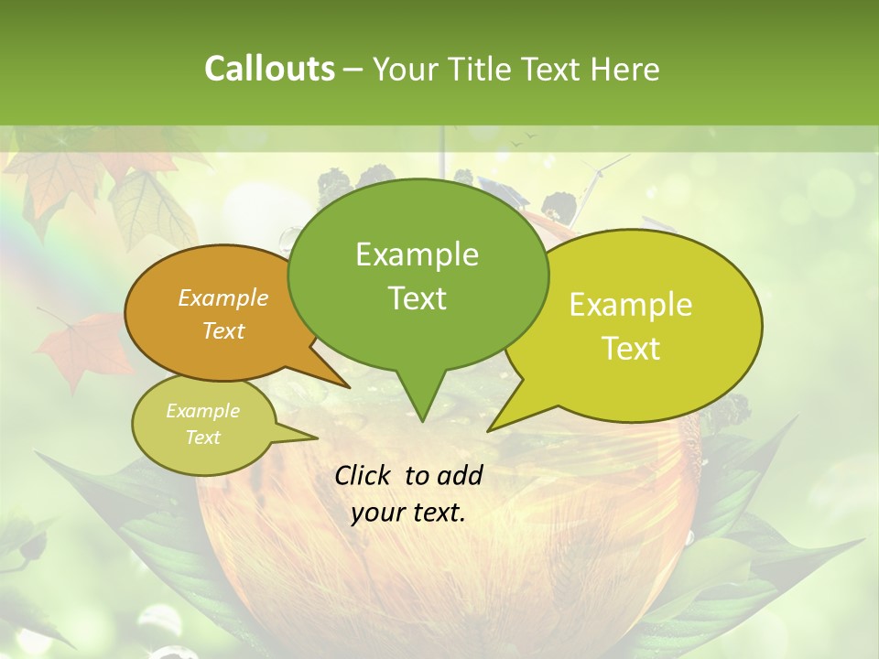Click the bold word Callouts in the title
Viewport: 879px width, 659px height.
point(269,69)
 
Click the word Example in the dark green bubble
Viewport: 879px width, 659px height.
point(417,254)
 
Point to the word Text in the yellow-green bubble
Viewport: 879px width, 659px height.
point(631,348)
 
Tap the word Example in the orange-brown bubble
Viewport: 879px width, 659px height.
point(223,297)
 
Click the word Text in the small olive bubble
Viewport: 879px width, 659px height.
point(203,438)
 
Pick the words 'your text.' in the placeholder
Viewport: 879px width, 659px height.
point(408,513)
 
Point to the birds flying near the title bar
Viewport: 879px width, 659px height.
point(523,139)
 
